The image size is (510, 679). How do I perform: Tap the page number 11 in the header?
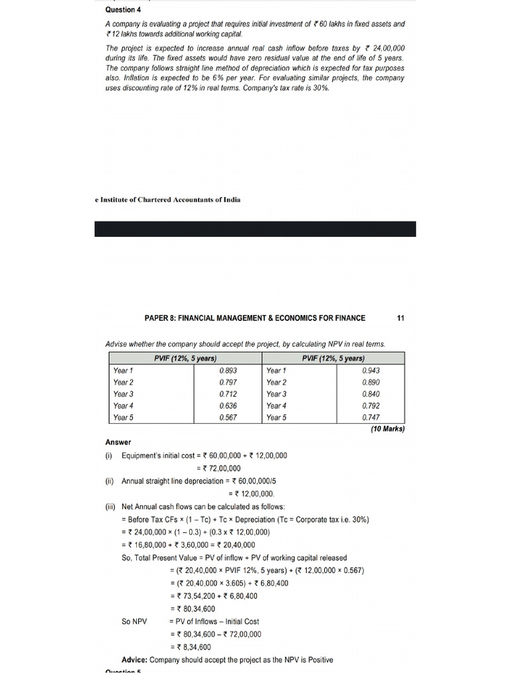400,318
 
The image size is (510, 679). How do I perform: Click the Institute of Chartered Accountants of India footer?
168,200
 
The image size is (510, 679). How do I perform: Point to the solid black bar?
255,229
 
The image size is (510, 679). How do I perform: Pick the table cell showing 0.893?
228,371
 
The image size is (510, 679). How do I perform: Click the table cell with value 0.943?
371,371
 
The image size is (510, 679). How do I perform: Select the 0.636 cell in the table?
228,406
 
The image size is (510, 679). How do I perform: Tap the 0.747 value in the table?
371,418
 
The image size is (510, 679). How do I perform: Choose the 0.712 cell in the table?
228,395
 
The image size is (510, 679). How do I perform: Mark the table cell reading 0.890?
371,383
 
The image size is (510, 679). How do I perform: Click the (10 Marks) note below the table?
387,429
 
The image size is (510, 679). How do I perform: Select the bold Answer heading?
118,442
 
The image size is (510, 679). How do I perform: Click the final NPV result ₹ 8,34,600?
193,647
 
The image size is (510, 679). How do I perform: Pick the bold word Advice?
134,660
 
